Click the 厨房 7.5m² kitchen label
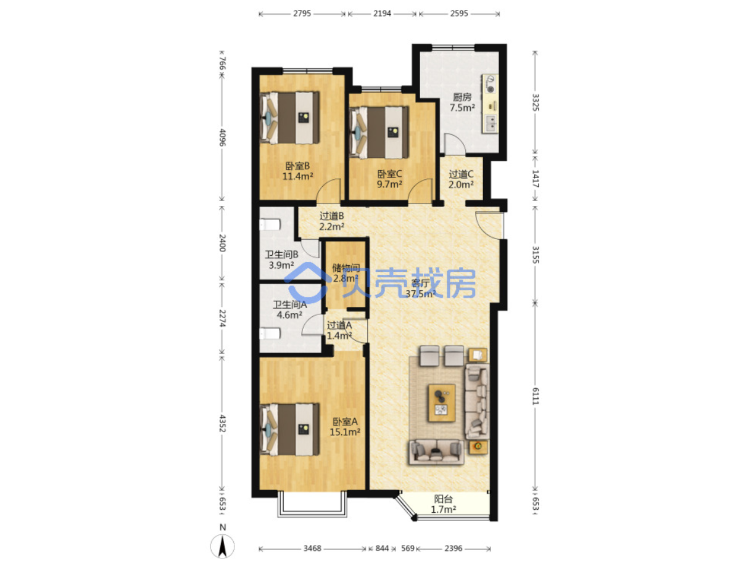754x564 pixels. coord(462,102)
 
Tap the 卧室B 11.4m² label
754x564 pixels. coord(297,171)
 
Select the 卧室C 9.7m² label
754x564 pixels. coord(389,179)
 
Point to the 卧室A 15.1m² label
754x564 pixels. coord(345,427)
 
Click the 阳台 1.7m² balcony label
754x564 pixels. coord(444,504)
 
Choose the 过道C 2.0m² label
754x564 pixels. coord(461,179)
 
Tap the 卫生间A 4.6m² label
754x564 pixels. coord(289,309)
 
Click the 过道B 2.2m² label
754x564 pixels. coord(332,221)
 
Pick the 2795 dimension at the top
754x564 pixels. coord(302,14)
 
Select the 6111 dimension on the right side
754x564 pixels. coord(535,396)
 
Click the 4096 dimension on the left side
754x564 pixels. coord(222,137)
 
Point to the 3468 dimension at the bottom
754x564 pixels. coord(312,548)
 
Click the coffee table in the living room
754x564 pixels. coord(442,403)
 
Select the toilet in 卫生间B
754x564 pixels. coord(270,225)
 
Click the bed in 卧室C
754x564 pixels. coord(379,133)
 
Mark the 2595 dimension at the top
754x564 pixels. coord(459,14)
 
